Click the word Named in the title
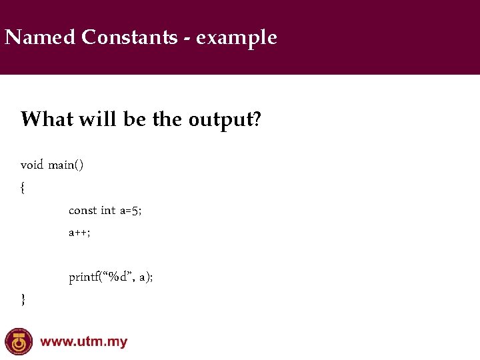pos(40,37)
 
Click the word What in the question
pos(47,119)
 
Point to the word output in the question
pos(219,121)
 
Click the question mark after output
pos(256,119)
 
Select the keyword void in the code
pos(31,165)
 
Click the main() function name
pos(66,165)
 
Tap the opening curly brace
pos(23,188)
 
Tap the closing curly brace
pos(23,300)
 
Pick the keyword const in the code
pos(83,211)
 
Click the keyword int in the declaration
pos(108,211)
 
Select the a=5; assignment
pos(131,211)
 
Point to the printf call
pos(111,277)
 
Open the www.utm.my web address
pos(84,343)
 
